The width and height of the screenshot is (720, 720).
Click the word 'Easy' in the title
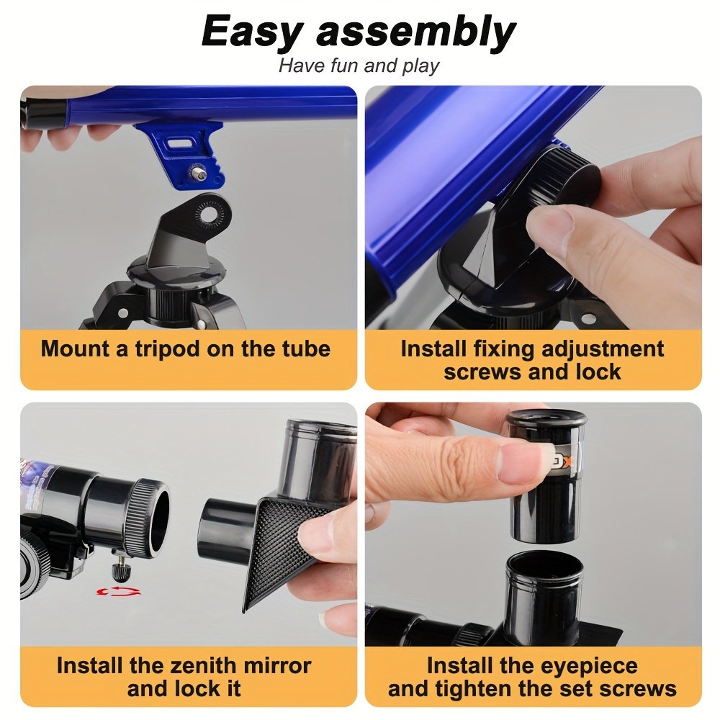[251, 31]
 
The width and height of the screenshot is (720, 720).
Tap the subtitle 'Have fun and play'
[359, 66]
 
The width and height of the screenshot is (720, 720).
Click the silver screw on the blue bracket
[199, 173]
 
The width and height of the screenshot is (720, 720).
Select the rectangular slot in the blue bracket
[179, 144]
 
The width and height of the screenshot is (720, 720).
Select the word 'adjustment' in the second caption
[603, 349]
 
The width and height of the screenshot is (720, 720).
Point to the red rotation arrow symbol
[119, 591]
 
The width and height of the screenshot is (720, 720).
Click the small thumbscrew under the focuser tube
[121, 570]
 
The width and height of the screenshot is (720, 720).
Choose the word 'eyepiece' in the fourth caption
[590, 667]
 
